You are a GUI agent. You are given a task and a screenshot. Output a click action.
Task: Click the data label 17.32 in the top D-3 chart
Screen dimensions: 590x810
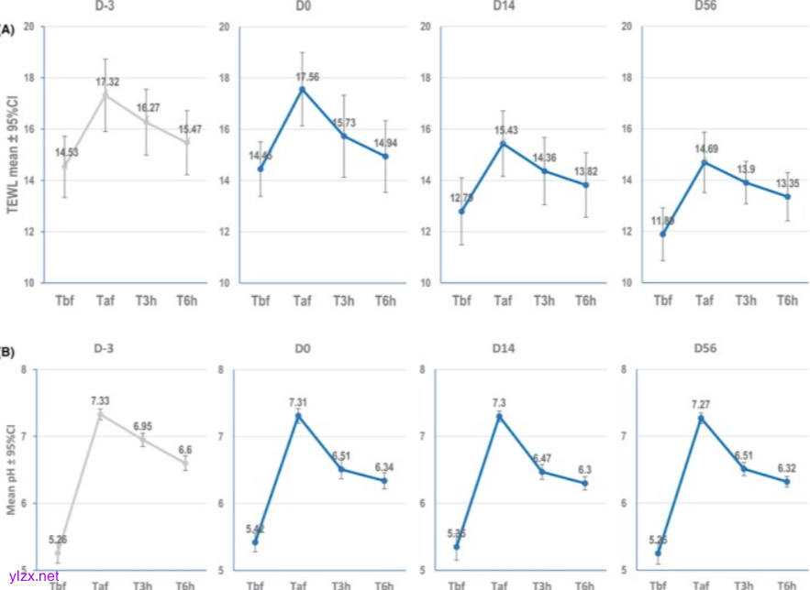click(108, 82)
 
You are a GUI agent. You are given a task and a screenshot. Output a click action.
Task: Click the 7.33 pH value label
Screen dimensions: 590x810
click(101, 401)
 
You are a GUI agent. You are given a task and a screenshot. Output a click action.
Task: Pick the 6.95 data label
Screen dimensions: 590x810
click(142, 427)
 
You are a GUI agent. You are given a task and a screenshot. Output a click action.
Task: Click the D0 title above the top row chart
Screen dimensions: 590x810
click(301, 9)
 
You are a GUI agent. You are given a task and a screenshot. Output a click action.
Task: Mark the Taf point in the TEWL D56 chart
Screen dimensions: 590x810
click(703, 163)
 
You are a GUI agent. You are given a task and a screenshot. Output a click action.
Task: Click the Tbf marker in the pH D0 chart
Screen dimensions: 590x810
click(256, 542)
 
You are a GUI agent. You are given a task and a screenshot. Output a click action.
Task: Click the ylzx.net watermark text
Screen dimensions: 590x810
click(34, 577)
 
